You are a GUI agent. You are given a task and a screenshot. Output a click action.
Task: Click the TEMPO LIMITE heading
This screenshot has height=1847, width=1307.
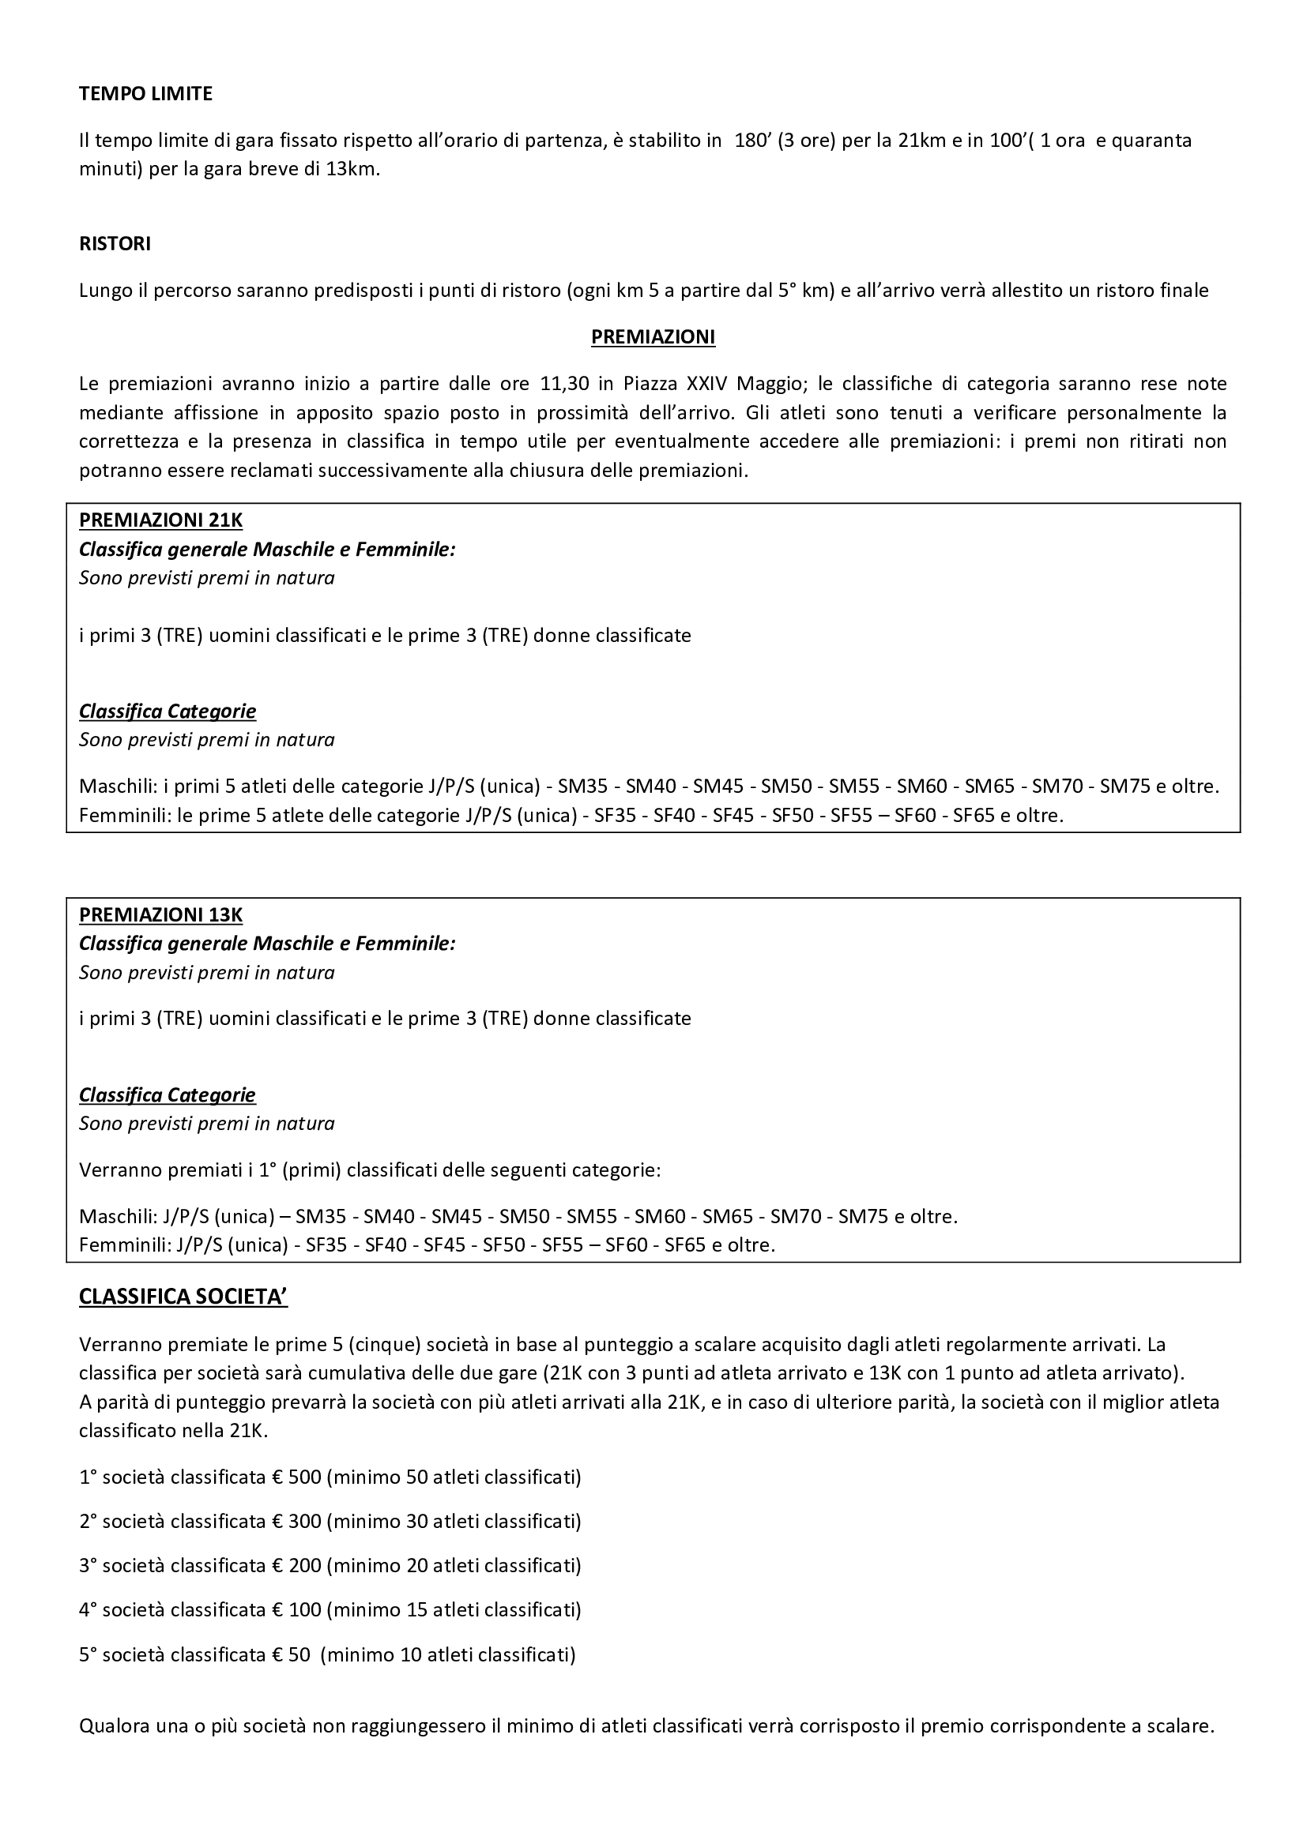145,94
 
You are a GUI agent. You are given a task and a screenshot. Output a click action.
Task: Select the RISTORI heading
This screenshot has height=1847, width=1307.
115,245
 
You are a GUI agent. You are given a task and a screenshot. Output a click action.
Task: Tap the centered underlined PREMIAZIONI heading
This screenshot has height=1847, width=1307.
653,337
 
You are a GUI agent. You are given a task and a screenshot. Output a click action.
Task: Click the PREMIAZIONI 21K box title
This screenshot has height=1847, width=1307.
161,520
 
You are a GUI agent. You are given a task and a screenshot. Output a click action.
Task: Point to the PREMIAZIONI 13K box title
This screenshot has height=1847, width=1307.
161,914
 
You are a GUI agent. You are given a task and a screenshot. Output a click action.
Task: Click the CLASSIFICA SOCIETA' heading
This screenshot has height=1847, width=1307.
183,1297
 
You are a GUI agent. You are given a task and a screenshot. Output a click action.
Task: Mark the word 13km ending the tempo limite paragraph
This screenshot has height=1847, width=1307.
351,171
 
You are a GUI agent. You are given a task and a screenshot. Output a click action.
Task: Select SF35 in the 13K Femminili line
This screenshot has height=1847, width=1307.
326,1245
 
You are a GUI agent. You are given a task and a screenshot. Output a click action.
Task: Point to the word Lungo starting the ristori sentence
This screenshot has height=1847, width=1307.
104,291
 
